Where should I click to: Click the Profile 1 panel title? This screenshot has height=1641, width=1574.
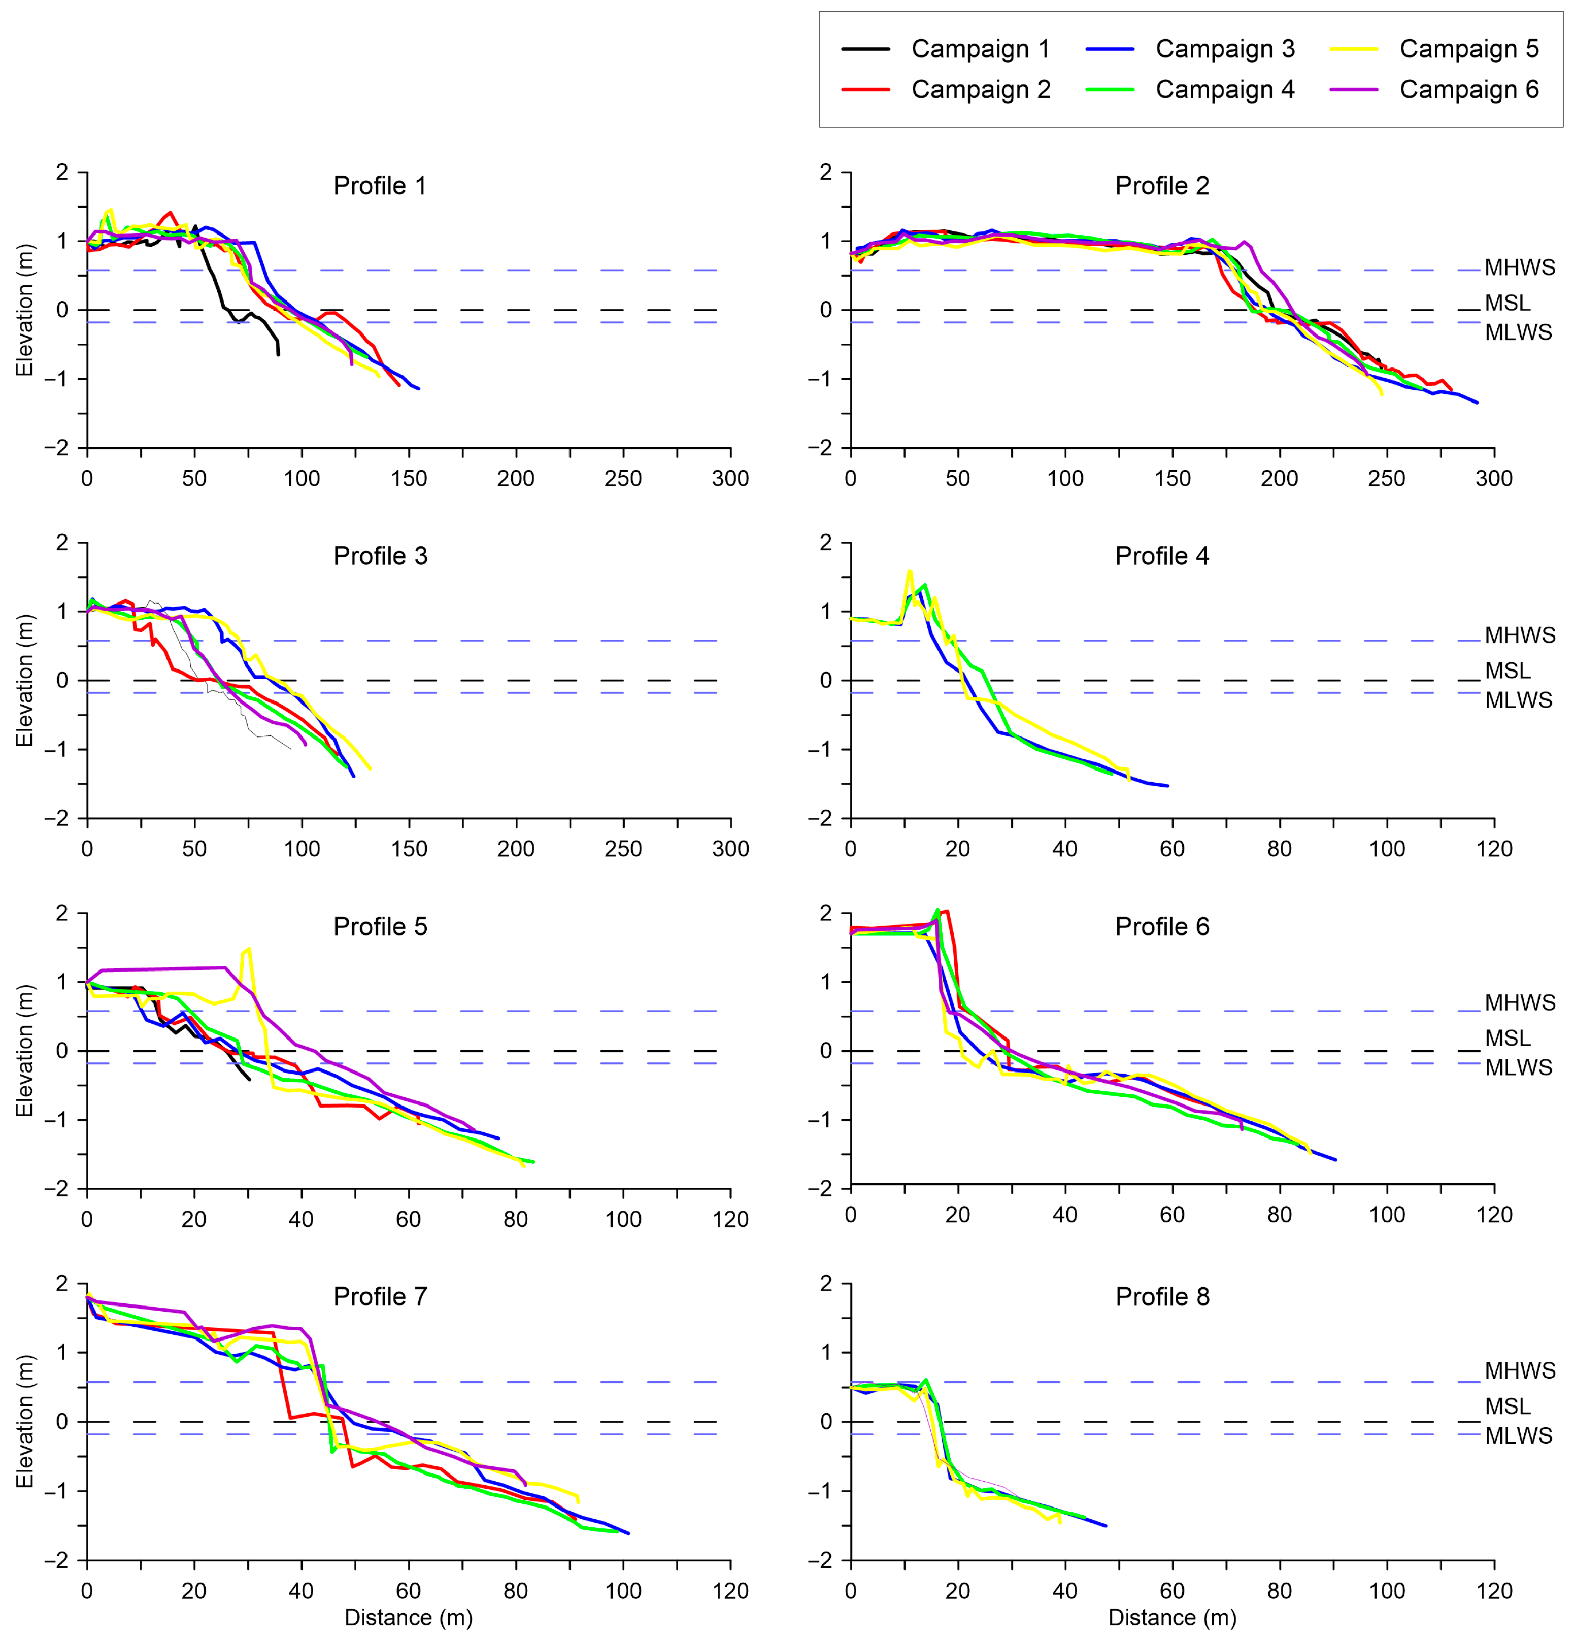tap(380, 186)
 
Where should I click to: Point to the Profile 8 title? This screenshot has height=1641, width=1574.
tap(1162, 1297)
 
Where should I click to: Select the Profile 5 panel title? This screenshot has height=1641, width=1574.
tap(380, 927)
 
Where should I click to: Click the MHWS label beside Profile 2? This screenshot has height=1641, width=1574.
tap(1520, 268)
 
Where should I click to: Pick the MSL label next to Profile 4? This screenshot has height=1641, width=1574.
tap(1507, 671)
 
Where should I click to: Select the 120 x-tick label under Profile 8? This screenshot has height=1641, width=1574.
tap(1494, 1591)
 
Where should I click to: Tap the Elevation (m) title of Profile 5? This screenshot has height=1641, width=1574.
tap(24, 1051)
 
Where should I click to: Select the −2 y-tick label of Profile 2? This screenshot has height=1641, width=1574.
tap(820, 448)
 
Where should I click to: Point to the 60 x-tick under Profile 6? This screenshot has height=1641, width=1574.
tap(1172, 1215)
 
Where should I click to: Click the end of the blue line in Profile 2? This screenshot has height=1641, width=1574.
tap(1477, 403)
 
